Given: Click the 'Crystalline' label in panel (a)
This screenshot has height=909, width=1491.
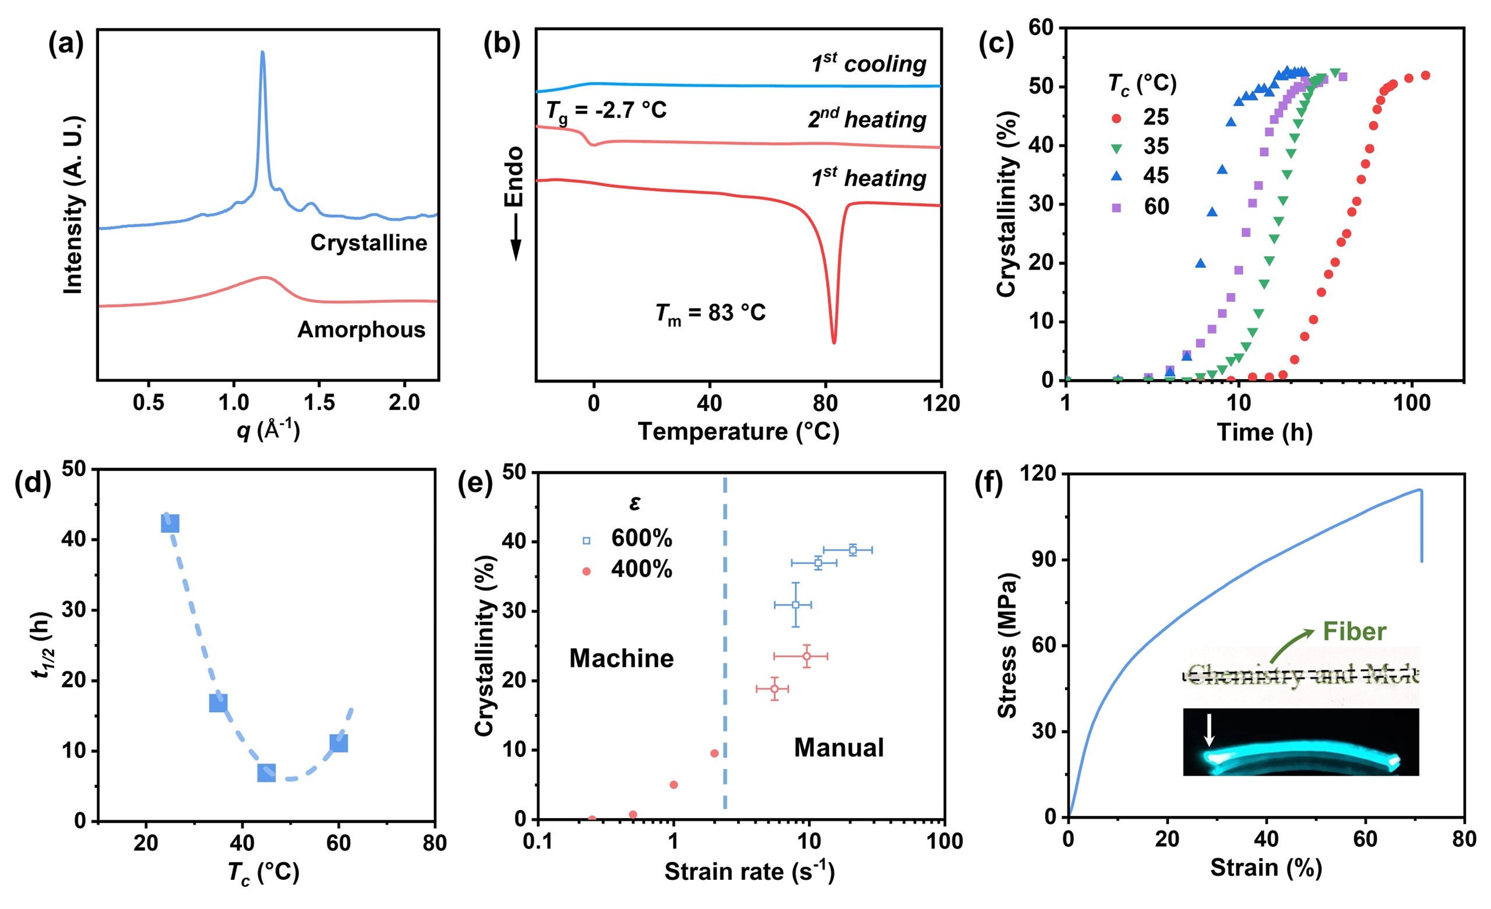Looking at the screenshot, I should coord(368,242).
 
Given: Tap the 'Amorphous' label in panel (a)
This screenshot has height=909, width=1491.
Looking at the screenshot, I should coord(361,330).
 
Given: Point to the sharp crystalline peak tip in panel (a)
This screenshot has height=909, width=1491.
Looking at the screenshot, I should coord(262,52).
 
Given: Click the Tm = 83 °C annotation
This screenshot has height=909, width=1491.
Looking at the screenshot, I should coord(710,313).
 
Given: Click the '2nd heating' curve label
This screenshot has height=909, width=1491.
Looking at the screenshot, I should coord(866,119).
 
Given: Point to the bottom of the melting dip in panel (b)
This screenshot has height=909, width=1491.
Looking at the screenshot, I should coord(834,342).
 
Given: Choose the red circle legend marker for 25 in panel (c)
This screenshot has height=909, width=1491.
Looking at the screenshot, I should coord(1116,119).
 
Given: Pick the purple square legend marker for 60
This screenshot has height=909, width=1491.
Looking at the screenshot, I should coord(1116,208).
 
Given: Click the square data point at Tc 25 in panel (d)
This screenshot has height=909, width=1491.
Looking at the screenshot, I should coord(171,524).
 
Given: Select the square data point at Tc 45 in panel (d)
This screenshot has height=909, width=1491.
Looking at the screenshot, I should coord(266,772).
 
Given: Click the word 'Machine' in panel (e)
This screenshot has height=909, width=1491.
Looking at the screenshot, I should coord(622,658).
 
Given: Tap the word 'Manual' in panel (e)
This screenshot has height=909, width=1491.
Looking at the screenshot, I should coord(838,748).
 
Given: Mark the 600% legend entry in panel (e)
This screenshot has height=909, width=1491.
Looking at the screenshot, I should coord(640,538).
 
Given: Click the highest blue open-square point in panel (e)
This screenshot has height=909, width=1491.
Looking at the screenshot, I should coord(852,550).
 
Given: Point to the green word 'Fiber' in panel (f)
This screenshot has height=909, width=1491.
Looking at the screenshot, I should coord(1354,631).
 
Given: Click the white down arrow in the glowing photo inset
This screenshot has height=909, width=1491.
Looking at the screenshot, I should coord(1209,730).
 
